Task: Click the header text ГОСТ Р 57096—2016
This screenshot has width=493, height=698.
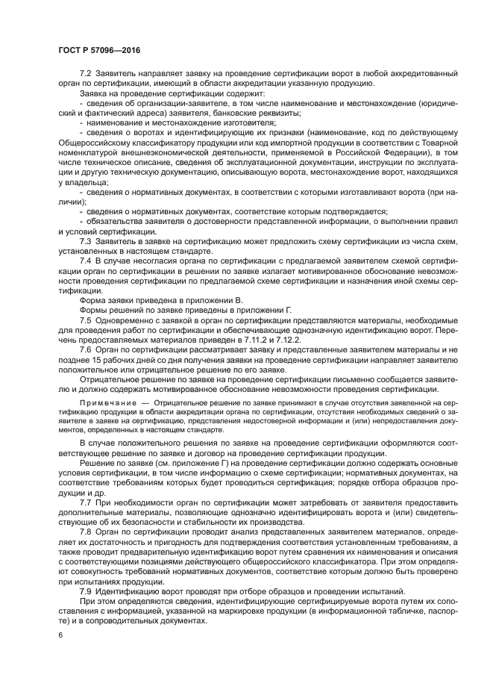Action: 99,50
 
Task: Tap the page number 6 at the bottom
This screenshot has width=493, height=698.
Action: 59,634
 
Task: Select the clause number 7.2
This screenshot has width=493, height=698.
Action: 84,75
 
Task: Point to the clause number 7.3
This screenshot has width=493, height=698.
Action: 84,242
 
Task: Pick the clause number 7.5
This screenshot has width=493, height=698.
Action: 84,320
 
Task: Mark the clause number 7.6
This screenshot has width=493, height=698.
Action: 84,349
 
